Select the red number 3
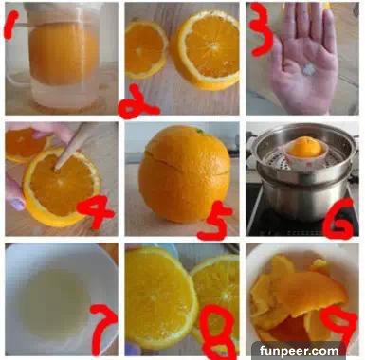tap(260, 30)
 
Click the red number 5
tap(212, 221)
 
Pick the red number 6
tap(338, 218)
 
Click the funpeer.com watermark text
tap(299, 351)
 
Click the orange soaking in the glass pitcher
tap(64, 54)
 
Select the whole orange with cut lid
tap(185, 173)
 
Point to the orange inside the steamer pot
tap(305, 148)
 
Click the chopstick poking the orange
tap(70, 146)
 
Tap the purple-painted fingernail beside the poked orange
tap(18, 204)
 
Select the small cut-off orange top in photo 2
tap(146, 49)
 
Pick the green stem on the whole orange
tap(200, 130)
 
